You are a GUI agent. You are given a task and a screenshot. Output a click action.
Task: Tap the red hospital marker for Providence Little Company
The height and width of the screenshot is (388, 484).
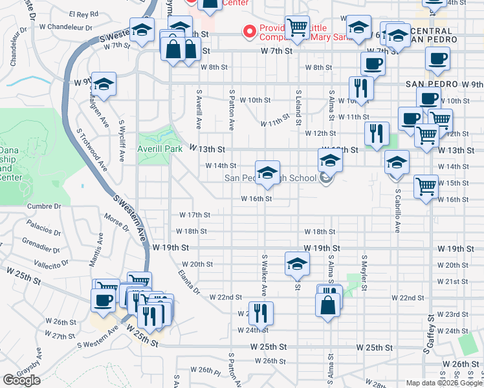point(248,30)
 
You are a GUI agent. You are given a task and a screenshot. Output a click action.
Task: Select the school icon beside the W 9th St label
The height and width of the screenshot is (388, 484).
point(104,84)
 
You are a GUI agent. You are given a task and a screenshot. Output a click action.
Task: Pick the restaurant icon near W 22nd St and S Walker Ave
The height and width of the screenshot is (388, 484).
point(261,314)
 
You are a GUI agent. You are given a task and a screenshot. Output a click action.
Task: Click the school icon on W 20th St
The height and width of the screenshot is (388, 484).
point(297,263)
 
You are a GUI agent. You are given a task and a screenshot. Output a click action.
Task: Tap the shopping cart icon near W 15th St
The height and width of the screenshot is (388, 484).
point(426,186)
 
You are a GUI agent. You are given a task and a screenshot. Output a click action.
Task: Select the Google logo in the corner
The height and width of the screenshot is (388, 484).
point(21,381)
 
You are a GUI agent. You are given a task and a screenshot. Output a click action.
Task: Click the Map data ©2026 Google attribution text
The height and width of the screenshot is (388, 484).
point(444,383)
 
